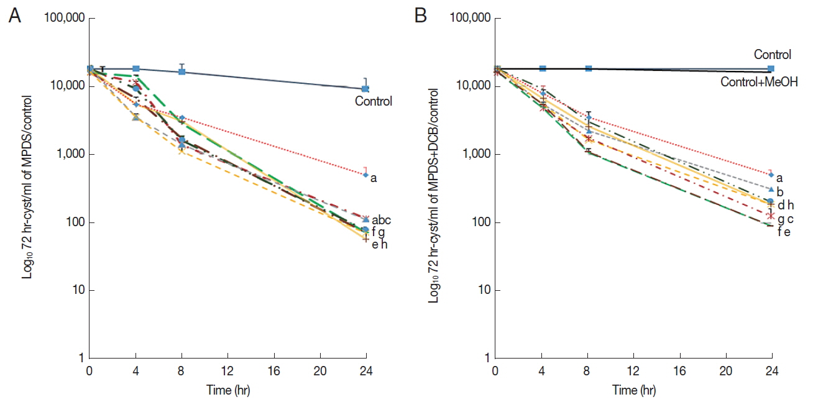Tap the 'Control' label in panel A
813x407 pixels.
(x=374, y=101)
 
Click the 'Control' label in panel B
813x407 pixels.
(x=772, y=55)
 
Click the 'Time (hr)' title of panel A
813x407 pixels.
(x=228, y=391)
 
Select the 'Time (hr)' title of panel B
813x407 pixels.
(x=633, y=391)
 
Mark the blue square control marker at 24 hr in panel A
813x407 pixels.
(x=366, y=89)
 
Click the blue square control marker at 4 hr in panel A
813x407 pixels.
(x=136, y=68)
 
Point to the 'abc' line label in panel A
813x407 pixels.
(x=381, y=219)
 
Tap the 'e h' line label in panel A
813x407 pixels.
(x=379, y=245)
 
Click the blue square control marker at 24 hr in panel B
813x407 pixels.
(x=771, y=68)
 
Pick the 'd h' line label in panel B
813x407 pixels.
(x=786, y=204)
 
